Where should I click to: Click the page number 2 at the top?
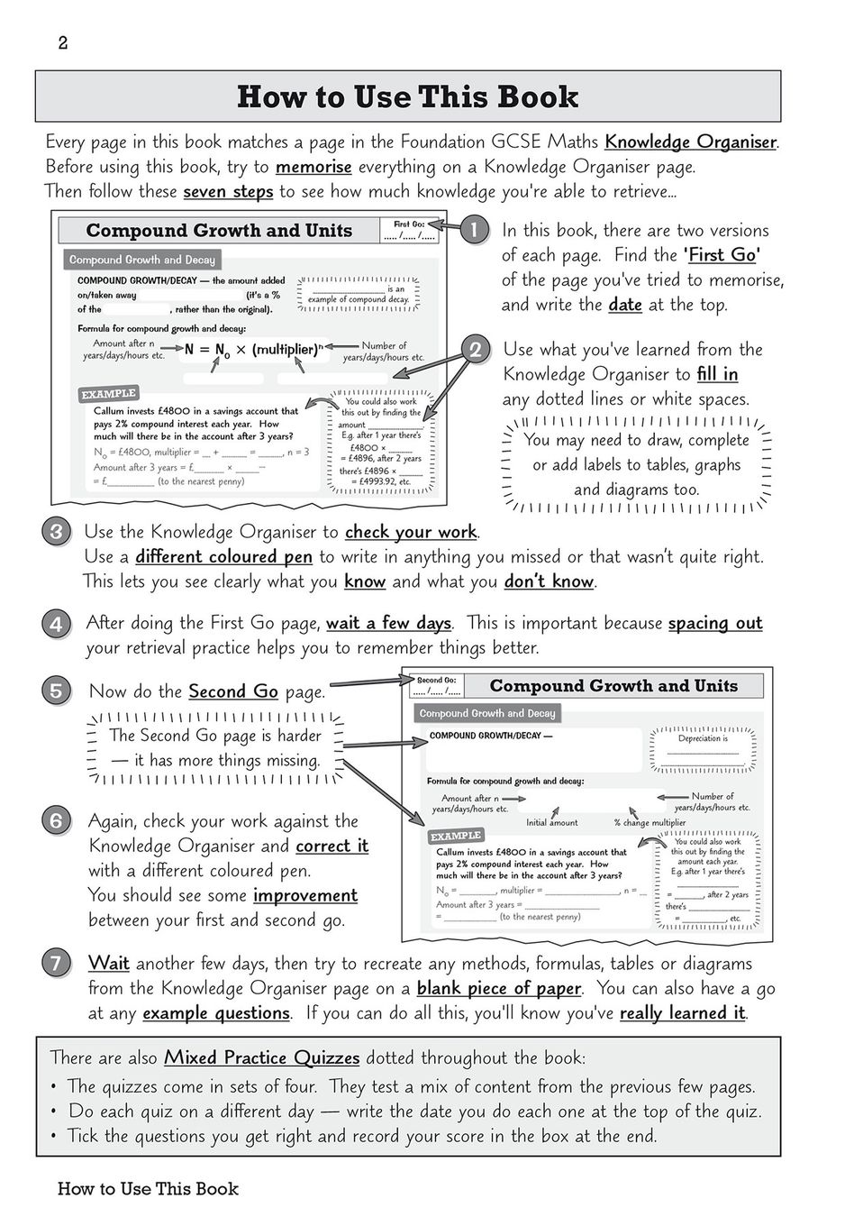[62, 43]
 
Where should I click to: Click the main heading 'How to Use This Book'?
[407, 96]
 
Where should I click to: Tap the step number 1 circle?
[474, 230]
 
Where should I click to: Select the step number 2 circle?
[475, 349]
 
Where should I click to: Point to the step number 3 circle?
[56, 532]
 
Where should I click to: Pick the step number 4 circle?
[56, 623]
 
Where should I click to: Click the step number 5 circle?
[56, 691]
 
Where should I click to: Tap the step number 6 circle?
[56, 820]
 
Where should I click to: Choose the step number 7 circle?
[56, 963]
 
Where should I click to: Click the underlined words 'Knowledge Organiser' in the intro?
[690, 142]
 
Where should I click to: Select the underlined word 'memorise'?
[313, 167]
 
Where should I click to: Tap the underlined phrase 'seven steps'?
[228, 192]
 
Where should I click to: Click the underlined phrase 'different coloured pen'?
[223, 557]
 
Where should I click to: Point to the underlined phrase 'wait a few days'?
[388, 623]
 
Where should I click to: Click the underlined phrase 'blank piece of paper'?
[498, 988]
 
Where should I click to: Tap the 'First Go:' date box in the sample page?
[414, 231]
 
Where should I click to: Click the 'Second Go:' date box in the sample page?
[437, 686]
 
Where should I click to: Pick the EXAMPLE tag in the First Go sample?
[108, 394]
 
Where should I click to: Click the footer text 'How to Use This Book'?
[148, 1189]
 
